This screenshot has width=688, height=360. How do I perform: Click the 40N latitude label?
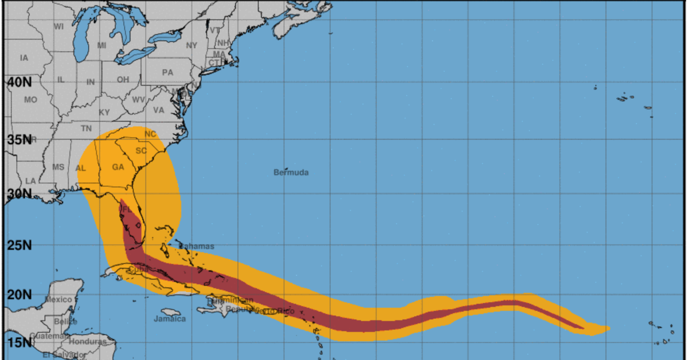[x=19, y=82]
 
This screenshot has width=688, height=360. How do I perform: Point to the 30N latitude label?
[x=19, y=194]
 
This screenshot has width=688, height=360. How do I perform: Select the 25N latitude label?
[x=19, y=245]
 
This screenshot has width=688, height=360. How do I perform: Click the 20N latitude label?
[x=19, y=295]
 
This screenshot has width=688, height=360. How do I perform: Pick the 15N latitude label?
[x=19, y=343]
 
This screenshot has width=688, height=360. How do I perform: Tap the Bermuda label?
[x=291, y=172]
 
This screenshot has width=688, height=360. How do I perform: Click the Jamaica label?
[x=170, y=319]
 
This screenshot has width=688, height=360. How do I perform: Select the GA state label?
[x=118, y=167]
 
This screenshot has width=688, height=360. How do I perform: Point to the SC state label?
[x=141, y=151]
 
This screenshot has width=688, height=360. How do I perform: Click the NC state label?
[x=150, y=134]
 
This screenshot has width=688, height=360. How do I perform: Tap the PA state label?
[x=167, y=73]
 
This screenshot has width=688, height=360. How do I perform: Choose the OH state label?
[x=123, y=80]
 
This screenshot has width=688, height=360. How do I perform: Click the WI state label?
[x=58, y=26]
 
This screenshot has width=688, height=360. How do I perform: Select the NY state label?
[x=191, y=45]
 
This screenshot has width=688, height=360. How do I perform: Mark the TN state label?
[x=86, y=128]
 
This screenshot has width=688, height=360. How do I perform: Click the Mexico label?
[x=58, y=300]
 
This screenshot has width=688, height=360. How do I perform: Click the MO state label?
[x=30, y=100]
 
